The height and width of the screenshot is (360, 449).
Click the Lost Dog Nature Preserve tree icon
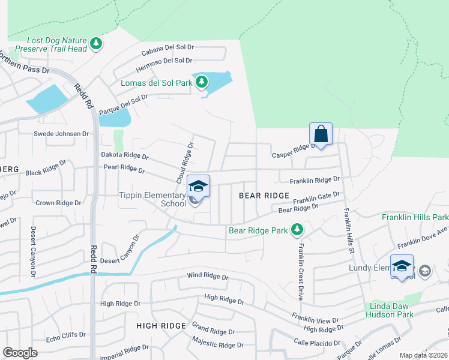pyautogui.click(x=96, y=43)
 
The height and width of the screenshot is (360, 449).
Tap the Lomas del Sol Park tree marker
pyautogui.click(x=203, y=81)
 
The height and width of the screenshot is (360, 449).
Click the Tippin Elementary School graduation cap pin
pyautogui.click(x=198, y=185)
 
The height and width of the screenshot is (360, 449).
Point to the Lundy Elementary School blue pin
pyautogui.click(x=402, y=266)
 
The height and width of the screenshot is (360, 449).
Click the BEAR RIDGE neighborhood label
pyautogui.click(x=264, y=196)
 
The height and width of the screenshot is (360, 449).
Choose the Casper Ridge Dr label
pyautogui.click(x=295, y=150)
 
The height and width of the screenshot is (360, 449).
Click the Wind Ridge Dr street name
pyautogui.click(x=208, y=277)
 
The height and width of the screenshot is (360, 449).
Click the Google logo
pyautogui.click(x=20, y=353)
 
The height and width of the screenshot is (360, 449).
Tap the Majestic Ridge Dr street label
pyautogui.click(x=218, y=344)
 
